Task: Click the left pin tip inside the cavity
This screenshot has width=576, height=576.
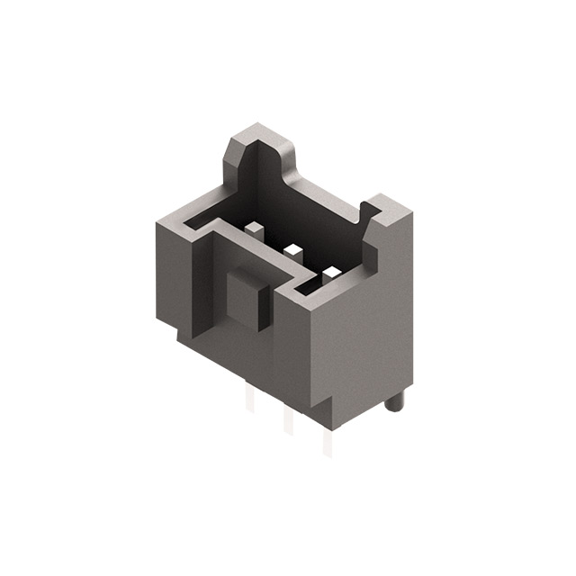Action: coord(254,227)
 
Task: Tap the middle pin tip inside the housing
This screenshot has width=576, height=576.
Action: coord(292,247)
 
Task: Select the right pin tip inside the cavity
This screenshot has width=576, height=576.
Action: coord(332,271)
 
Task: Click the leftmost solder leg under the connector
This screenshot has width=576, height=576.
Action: coord(250,400)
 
